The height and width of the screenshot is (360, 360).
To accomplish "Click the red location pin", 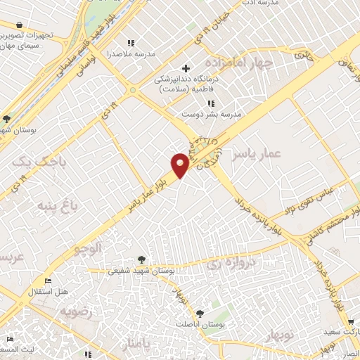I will [181, 165].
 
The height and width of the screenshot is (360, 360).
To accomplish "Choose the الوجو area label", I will [89, 247].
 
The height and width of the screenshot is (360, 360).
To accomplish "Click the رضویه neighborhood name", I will [77, 310].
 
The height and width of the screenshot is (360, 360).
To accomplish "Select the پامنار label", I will [134, 345].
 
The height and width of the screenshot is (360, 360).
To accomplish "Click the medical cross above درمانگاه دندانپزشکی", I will [186, 69].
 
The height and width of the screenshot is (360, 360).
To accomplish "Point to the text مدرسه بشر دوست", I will [211, 112].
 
